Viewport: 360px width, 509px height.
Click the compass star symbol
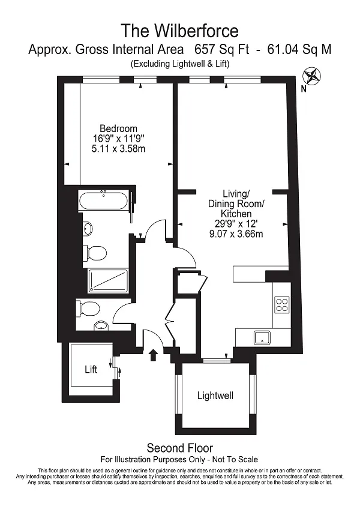tap(311, 76)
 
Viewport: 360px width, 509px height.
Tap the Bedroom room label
tap(118, 128)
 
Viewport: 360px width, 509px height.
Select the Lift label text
tap(91, 369)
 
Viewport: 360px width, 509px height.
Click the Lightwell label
tap(215, 396)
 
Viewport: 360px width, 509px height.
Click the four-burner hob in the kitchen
tap(282, 304)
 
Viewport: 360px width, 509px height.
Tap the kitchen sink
tap(262, 337)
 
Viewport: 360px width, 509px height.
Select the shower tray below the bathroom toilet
tap(108, 280)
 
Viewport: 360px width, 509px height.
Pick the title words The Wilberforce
tap(180, 31)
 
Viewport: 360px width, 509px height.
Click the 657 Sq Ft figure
tap(222, 49)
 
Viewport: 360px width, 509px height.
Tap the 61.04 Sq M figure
tap(299, 49)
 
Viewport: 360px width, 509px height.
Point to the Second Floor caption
tap(180, 448)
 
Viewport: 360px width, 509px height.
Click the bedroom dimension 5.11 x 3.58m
tap(118, 149)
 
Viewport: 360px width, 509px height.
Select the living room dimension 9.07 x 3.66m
tap(236, 233)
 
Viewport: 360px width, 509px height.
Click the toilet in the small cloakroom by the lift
tap(88, 309)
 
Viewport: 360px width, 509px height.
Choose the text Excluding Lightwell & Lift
tap(180, 64)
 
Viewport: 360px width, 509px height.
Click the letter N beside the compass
tap(304, 89)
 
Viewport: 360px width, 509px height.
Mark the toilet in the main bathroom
tap(95, 253)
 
